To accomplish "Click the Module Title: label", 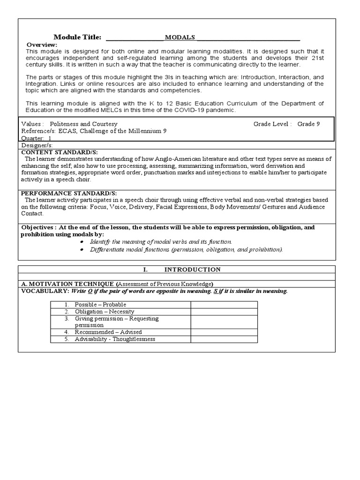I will (x=77, y=37).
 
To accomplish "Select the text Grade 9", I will (x=308, y=124).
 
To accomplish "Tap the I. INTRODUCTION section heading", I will (x=182, y=270).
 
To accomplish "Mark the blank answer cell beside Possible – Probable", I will (x=224, y=305).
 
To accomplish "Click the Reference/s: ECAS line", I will (x=93, y=131).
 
